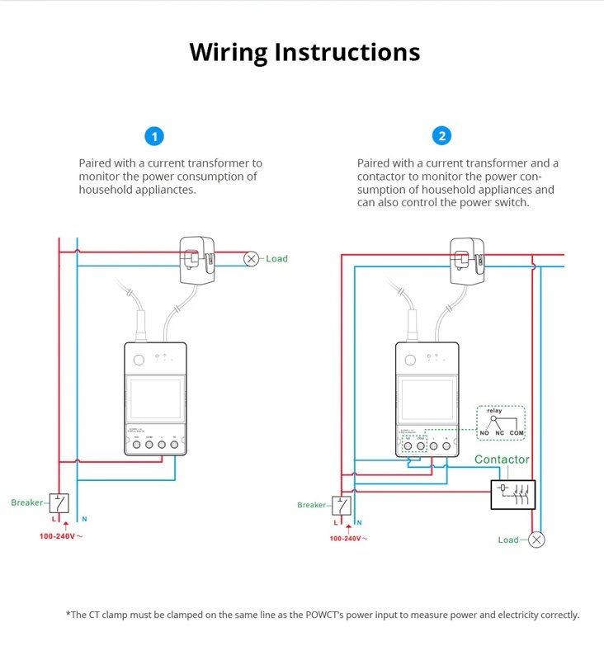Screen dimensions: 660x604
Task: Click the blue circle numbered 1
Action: pos(153,136)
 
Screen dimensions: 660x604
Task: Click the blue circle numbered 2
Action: pos(443,136)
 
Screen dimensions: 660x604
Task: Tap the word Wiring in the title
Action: pos(228,52)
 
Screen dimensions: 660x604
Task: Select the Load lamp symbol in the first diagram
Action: pos(251,259)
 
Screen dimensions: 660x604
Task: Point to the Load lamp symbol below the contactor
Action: pos(536,540)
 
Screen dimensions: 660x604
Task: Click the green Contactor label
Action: pos(502,460)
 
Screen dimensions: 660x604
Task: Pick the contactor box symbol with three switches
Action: pos(512,494)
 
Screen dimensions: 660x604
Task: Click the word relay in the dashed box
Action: pos(500,411)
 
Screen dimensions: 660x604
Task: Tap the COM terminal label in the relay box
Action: pos(517,433)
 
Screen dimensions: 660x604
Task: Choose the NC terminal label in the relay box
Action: pos(499,433)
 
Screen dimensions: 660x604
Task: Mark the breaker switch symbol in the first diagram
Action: pos(59,502)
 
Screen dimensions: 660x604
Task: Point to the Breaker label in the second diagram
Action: pos(312,505)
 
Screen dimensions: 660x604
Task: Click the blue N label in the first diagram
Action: pos(83,520)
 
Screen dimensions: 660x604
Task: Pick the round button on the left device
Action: pos(137,359)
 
